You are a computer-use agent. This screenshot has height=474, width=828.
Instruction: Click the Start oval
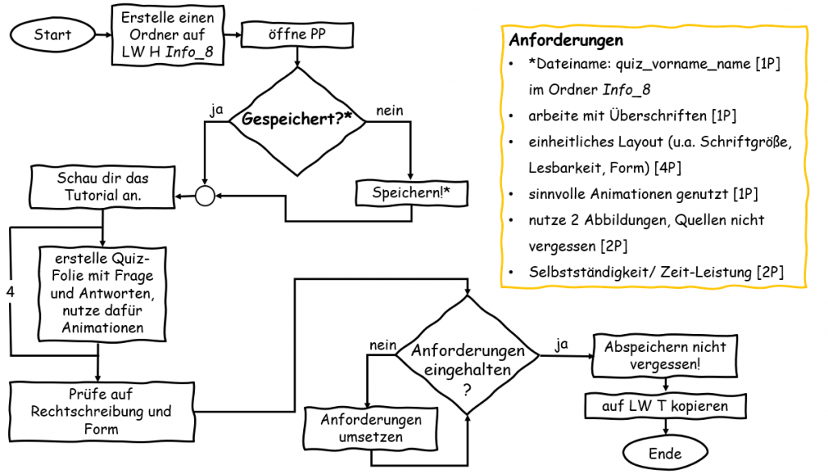pyautogui.click(x=53, y=35)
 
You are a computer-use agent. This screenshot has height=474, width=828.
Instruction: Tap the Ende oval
pyautogui.click(x=665, y=454)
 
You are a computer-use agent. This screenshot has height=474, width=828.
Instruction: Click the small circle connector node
pyautogui.click(x=205, y=195)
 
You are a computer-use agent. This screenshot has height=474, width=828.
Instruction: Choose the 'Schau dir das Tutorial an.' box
pyautogui.click(x=103, y=186)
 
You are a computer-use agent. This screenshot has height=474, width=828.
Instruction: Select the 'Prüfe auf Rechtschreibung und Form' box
pyautogui.click(x=101, y=411)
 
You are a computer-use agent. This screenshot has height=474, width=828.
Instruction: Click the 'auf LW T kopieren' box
pyautogui.click(x=665, y=406)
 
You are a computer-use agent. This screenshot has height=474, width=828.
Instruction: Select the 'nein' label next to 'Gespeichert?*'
pyautogui.click(x=387, y=111)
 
